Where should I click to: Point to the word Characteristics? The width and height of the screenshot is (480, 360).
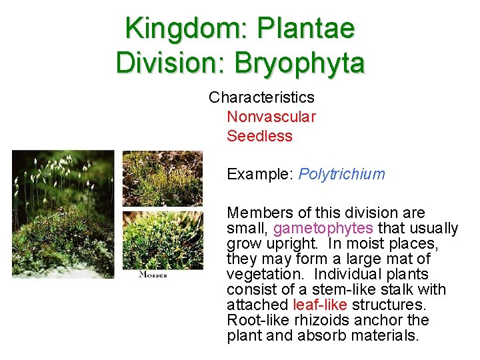pyautogui.click(x=261, y=97)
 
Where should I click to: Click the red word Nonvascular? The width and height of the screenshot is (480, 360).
pyautogui.click(x=271, y=117)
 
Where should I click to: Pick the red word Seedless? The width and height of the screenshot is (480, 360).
pyautogui.click(x=259, y=136)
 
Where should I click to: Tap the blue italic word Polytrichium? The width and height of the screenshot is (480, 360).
pyautogui.click(x=342, y=175)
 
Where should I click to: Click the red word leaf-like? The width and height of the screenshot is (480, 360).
pyautogui.click(x=320, y=305)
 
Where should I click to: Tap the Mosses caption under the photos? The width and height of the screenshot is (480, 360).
pyautogui.click(x=153, y=275)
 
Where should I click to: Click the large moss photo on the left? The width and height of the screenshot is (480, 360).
pyautogui.click(x=63, y=213)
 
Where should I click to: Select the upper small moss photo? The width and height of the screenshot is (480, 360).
pyautogui.click(x=162, y=178)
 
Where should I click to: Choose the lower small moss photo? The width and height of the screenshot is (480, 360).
pyautogui.click(x=162, y=239)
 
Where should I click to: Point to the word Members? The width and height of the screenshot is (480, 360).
pyautogui.click(x=258, y=213)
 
